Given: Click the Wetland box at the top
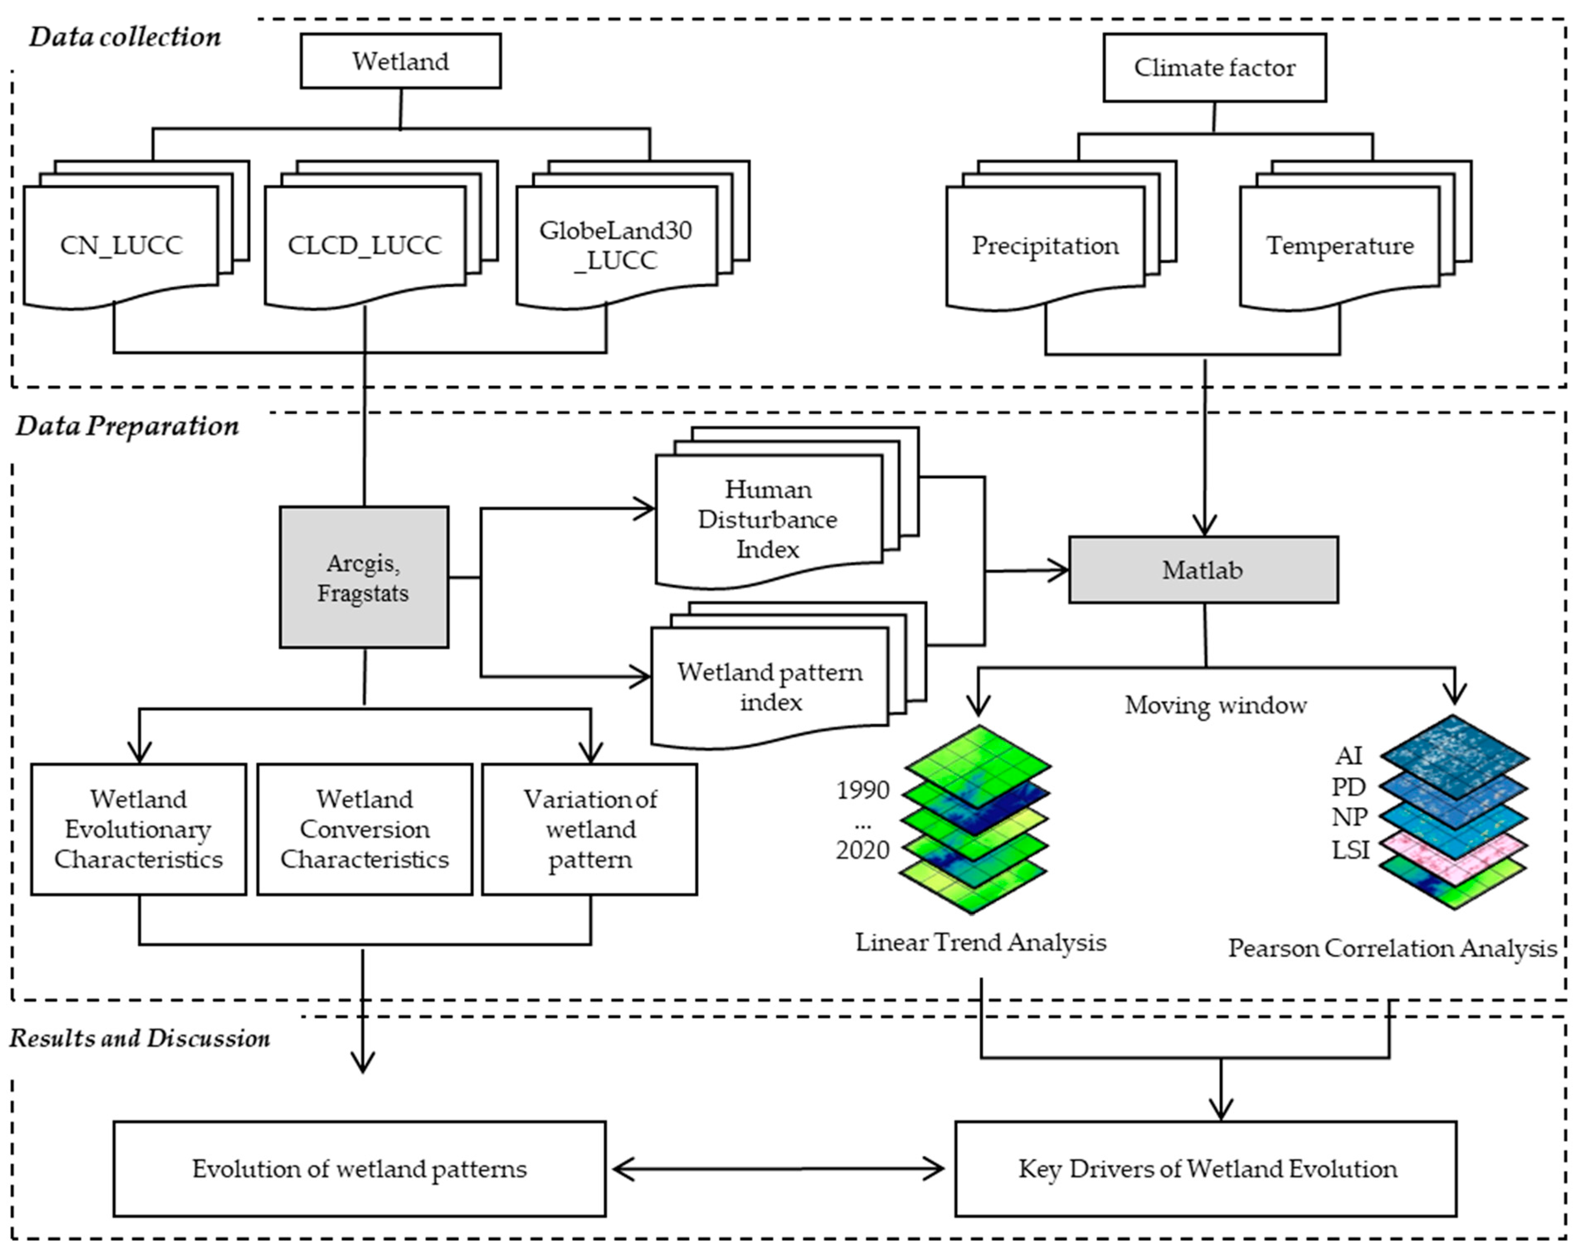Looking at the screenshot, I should point(400,61).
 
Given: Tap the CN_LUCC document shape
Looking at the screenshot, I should point(121,245).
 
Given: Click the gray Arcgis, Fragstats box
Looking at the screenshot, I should point(363,577).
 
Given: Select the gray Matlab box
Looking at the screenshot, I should point(1203,570).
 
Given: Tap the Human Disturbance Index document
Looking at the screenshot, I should point(767,519).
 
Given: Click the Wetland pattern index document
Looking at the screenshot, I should point(769,687).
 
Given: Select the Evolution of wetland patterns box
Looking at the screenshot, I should point(359,1169).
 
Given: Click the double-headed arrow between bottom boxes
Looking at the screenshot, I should point(778,1169).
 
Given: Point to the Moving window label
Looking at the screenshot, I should point(1215,705).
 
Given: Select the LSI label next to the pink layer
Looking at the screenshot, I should point(1350,850).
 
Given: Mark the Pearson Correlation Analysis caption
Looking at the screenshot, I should point(1391,948).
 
